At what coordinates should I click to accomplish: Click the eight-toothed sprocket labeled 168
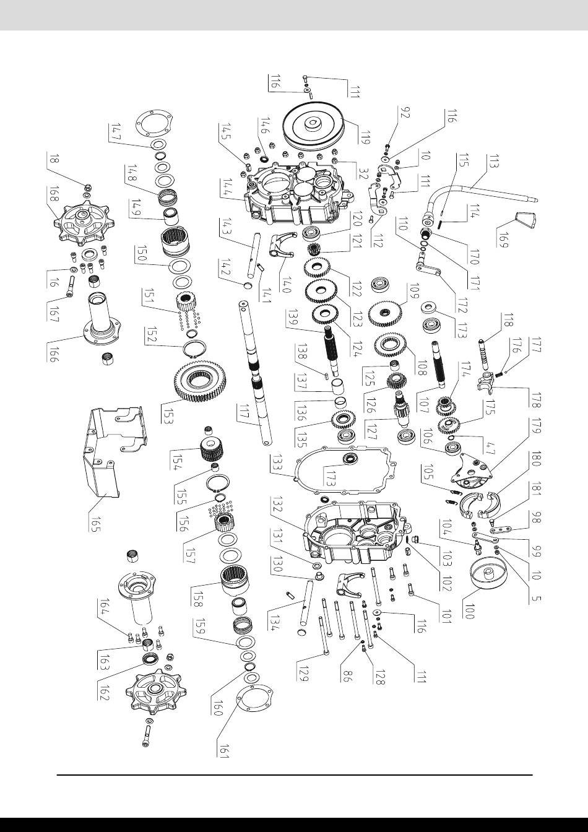(84, 222)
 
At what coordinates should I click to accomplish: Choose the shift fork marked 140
(281, 244)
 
